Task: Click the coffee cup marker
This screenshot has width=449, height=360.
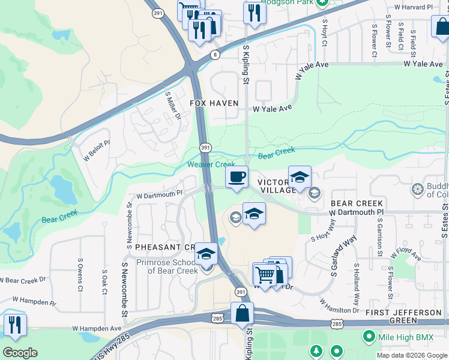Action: click(237, 177)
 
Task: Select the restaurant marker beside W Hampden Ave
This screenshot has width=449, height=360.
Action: click(15, 325)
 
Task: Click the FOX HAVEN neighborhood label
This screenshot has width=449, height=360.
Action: click(214, 103)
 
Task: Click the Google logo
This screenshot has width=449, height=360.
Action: click(20, 353)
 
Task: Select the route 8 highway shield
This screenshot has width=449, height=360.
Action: click(215, 55)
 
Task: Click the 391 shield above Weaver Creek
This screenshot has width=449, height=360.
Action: click(205, 148)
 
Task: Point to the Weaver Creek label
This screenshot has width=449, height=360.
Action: click(211, 164)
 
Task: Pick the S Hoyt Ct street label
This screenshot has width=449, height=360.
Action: click(324, 33)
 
